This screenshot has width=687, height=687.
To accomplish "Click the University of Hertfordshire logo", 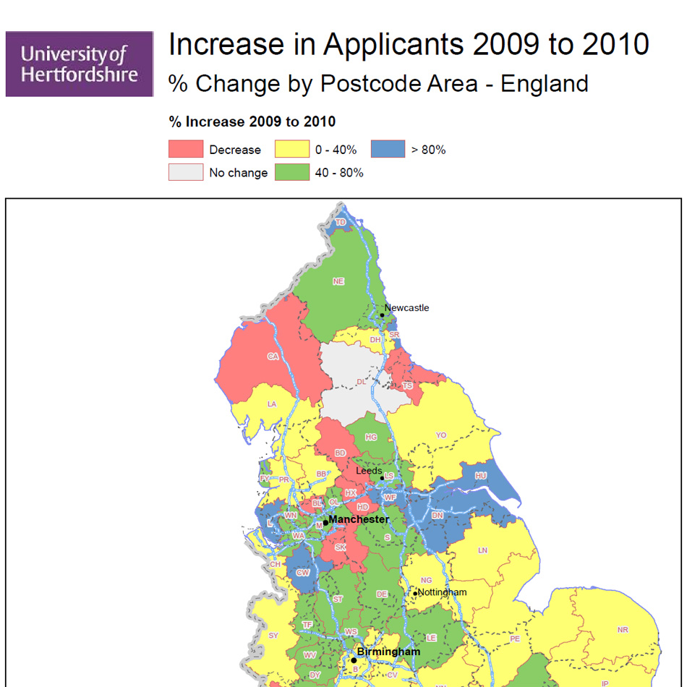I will pos(80,64).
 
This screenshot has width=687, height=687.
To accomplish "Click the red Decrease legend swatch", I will pos(186,150).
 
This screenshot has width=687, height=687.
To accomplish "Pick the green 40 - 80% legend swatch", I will pos(292,173).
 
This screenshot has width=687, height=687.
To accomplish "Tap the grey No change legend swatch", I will pos(186,173).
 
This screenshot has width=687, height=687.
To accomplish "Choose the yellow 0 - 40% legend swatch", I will pos(292,150).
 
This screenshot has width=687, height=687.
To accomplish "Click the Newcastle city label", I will pos(406,308).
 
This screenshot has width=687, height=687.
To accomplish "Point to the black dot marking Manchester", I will pos(325,522).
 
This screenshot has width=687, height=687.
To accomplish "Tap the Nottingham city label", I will pos(443,592).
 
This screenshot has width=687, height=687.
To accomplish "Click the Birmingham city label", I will pos(388,652).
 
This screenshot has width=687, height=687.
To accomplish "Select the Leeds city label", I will pos(369,471).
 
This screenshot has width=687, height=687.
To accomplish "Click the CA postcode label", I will pos(273,357).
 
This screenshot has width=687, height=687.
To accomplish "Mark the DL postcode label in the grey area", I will pos(361,382).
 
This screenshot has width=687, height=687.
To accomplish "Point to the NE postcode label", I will pos(338,281).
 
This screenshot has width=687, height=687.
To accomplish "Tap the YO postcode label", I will pos(441,435).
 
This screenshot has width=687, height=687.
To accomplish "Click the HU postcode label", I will pos(480,476).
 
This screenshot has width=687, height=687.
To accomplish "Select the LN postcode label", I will pos(483,550).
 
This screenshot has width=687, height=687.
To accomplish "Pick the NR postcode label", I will pos(623,630).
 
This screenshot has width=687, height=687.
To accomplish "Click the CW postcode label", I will pos(303,573).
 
